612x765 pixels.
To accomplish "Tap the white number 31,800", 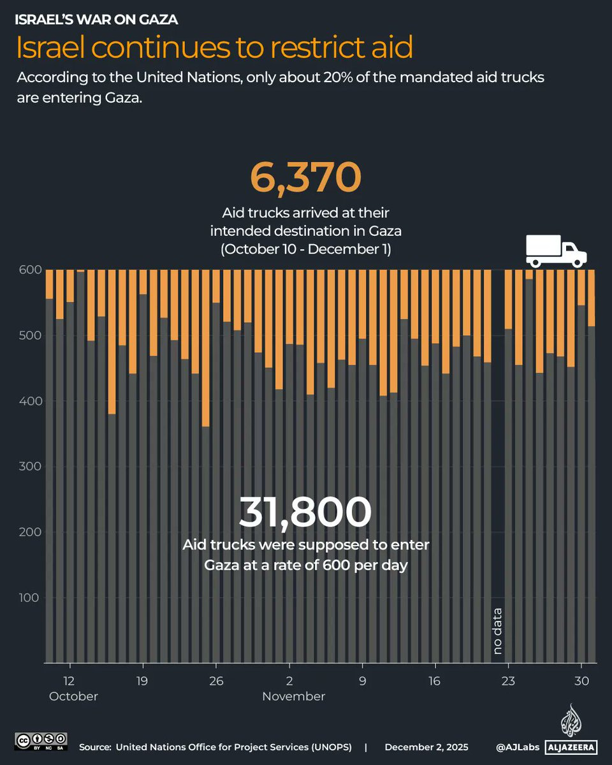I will coord(305,512).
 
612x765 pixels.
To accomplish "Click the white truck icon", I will coord(556,251).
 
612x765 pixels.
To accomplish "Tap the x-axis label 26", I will coord(216,680).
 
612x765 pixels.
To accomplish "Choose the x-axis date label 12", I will coord(69,680).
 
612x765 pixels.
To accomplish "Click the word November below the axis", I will coord(294,697).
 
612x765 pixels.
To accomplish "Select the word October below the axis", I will coord(74,697).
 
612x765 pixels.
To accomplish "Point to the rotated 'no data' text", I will coord(498,632).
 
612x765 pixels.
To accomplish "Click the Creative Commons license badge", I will coord(41,741).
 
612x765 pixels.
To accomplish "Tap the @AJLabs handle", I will coord(518,747).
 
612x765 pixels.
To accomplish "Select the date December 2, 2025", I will coord(426,747).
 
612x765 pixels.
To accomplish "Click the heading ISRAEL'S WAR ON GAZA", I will coord(96,20).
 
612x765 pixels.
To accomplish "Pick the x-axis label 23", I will coord(508,680).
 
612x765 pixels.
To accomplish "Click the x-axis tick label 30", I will coord(581,680).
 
